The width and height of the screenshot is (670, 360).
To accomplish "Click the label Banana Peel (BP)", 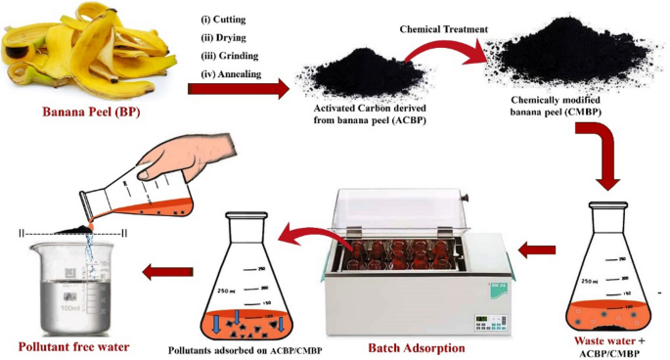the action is point(91,112).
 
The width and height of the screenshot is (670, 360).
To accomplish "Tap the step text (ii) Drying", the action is point(223,37).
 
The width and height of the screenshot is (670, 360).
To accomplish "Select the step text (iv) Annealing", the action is point(231,74).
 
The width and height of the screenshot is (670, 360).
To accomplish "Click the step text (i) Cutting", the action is point(223,20).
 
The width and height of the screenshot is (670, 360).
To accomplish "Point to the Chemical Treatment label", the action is point(443,29).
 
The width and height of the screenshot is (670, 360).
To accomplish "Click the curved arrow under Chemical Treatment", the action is point(440,46).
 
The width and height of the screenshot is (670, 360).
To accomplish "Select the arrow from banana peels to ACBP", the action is point(239,88).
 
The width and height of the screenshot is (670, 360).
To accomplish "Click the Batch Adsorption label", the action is point(417,348).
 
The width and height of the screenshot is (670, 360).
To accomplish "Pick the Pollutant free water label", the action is point(73,346).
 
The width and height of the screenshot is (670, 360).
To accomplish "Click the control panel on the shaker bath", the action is point(491,323).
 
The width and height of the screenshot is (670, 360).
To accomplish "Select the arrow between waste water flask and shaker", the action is point(537,249).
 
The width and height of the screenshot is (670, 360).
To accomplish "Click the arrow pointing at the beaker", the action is point(167,271).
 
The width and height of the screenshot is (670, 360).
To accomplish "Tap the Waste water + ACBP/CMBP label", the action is point(609,347).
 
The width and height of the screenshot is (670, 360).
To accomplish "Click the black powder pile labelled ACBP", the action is point(364,72).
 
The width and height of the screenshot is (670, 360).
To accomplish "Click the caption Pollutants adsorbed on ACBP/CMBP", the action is point(245,350).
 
